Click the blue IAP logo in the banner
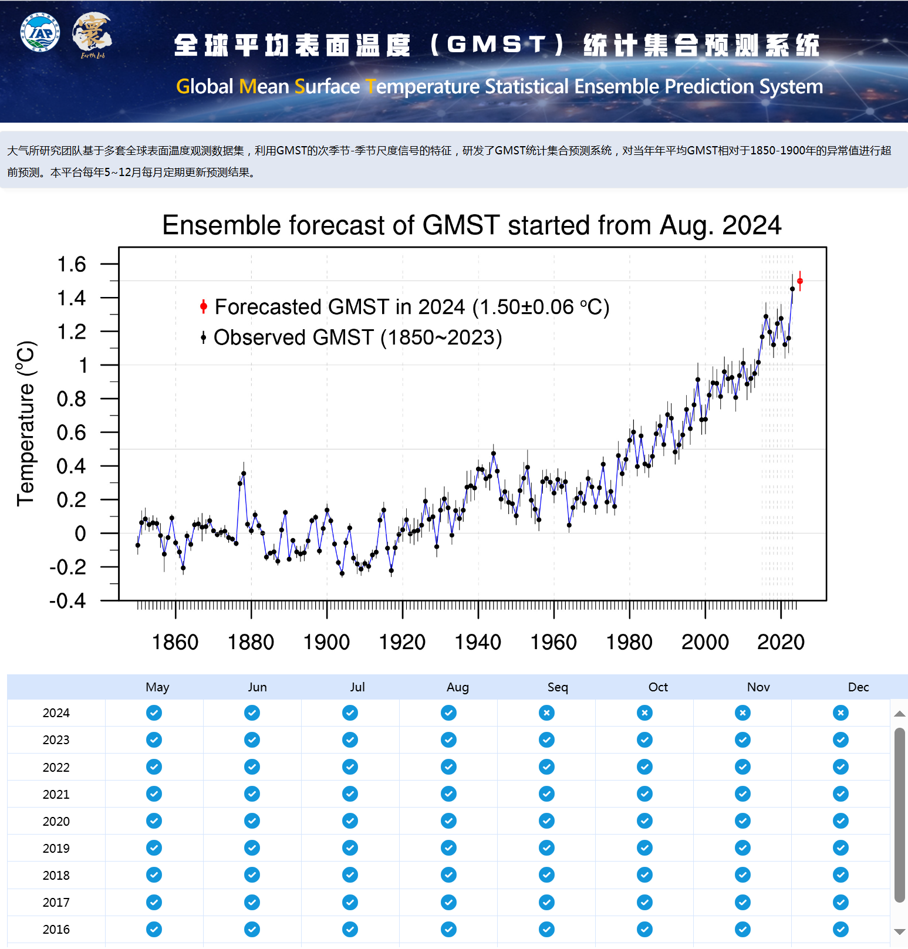(x=40, y=32)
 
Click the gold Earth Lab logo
(x=92, y=34)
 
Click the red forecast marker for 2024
(x=799, y=281)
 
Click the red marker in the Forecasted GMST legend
(x=204, y=306)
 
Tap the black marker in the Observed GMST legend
(x=203, y=337)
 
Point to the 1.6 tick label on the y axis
(x=72, y=265)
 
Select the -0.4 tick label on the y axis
(x=68, y=601)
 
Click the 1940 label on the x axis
(x=478, y=642)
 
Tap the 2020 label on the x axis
(x=781, y=642)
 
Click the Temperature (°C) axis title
(x=26, y=423)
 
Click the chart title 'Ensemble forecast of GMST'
(x=471, y=225)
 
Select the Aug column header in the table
(x=458, y=687)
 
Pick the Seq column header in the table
(x=558, y=687)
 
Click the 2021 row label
(x=56, y=795)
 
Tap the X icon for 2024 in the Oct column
(x=644, y=713)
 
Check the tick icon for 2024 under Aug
(x=448, y=713)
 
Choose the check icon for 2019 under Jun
(x=252, y=848)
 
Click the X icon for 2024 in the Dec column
(x=841, y=713)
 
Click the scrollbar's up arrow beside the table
(x=899, y=714)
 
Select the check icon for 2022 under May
(x=154, y=767)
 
